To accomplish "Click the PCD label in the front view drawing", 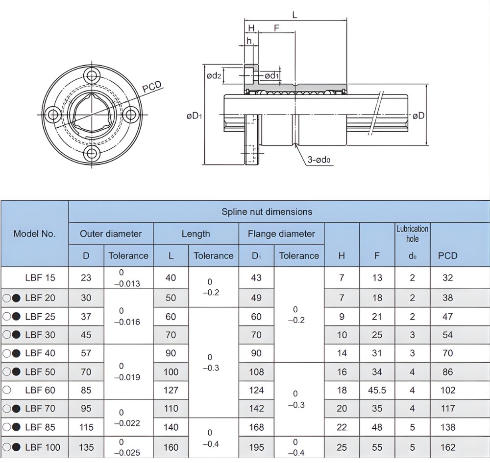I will [x=152, y=87].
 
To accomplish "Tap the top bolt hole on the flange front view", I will [x=91, y=76].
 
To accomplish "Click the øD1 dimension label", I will [x=195, y=116].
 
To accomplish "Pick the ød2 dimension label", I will [x=214, y=76].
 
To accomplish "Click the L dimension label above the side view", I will [x=294, y=15].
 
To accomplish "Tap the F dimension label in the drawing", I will [x=276, y=28].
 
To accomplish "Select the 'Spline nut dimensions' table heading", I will [x=267, y=212].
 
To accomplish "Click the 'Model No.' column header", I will [x=34, y=233].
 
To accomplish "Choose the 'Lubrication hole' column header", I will [x=412, y=233].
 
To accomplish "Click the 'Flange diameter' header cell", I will [x=281, y=234].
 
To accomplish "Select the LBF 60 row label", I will [x=40, y=390].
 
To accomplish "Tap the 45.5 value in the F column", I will [x=377, y=390].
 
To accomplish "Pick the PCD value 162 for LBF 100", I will [x=448, y=447].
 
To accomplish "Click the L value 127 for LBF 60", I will [x=171, y=390].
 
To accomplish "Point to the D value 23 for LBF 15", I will [x=86, y=278].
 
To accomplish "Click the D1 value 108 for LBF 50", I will [x=256, y=372].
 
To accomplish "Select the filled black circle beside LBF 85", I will [x=16, y=427].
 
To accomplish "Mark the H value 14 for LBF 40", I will [x=342, y=353].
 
